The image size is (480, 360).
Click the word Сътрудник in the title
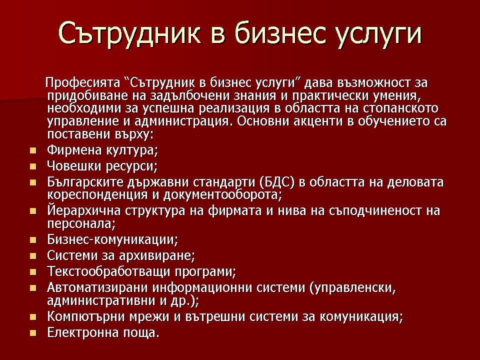click(129, 33)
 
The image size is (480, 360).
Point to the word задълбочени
click(189, 96)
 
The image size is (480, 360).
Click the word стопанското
click(400, 108)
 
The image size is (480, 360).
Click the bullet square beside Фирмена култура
click(33, 150)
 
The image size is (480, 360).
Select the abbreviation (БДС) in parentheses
click(277, 182)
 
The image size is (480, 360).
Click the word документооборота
click(222, 195)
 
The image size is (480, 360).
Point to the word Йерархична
click(83, 211)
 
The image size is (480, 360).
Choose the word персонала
click(81, 224)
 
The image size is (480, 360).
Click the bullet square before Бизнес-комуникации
click(33, 240)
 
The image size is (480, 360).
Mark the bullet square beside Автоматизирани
click(33, 288)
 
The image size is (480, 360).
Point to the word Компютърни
click(86, 316)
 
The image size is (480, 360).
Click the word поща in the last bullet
click(141, 333)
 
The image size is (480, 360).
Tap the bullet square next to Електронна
click(33, 333)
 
